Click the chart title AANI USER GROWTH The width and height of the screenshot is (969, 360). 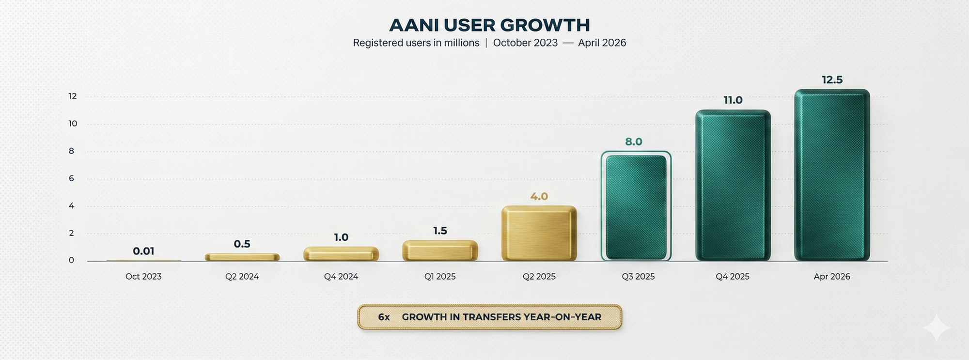point(489,25)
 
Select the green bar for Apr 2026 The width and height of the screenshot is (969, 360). point(832,175)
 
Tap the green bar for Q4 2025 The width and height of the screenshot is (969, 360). point(733,186)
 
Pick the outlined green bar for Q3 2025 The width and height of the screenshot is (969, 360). point(636,206)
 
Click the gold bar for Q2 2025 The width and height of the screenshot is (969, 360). point(539,234)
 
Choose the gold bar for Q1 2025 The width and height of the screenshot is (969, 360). point(440,250)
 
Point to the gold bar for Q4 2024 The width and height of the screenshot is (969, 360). point(341,254)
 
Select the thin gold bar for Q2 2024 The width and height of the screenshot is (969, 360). point(242,257)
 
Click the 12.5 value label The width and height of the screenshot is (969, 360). point(832,80)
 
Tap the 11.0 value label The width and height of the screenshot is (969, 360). point(733,100)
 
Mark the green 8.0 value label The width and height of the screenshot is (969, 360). point(634,141)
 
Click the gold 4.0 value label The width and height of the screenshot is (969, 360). point(539,196)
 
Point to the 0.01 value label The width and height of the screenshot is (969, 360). point(143,251)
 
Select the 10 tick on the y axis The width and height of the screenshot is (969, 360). point(73,124)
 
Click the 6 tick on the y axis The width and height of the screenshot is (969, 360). point(72,178)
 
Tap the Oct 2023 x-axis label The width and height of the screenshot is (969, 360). point(143,277)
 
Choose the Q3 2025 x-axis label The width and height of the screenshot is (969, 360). point(638,277)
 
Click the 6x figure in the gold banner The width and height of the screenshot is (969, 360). point(384,317)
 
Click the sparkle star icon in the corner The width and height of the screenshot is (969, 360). point(937,328)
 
